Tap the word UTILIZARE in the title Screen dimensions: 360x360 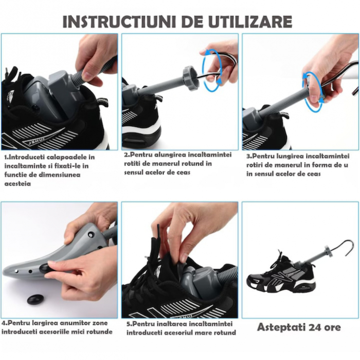point(250,22)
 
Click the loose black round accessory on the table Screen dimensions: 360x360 point(37,299)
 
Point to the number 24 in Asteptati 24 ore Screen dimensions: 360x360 point(315,327)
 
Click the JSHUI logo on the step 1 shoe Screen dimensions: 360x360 point(34,139)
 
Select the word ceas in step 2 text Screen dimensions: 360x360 point(182,172)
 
